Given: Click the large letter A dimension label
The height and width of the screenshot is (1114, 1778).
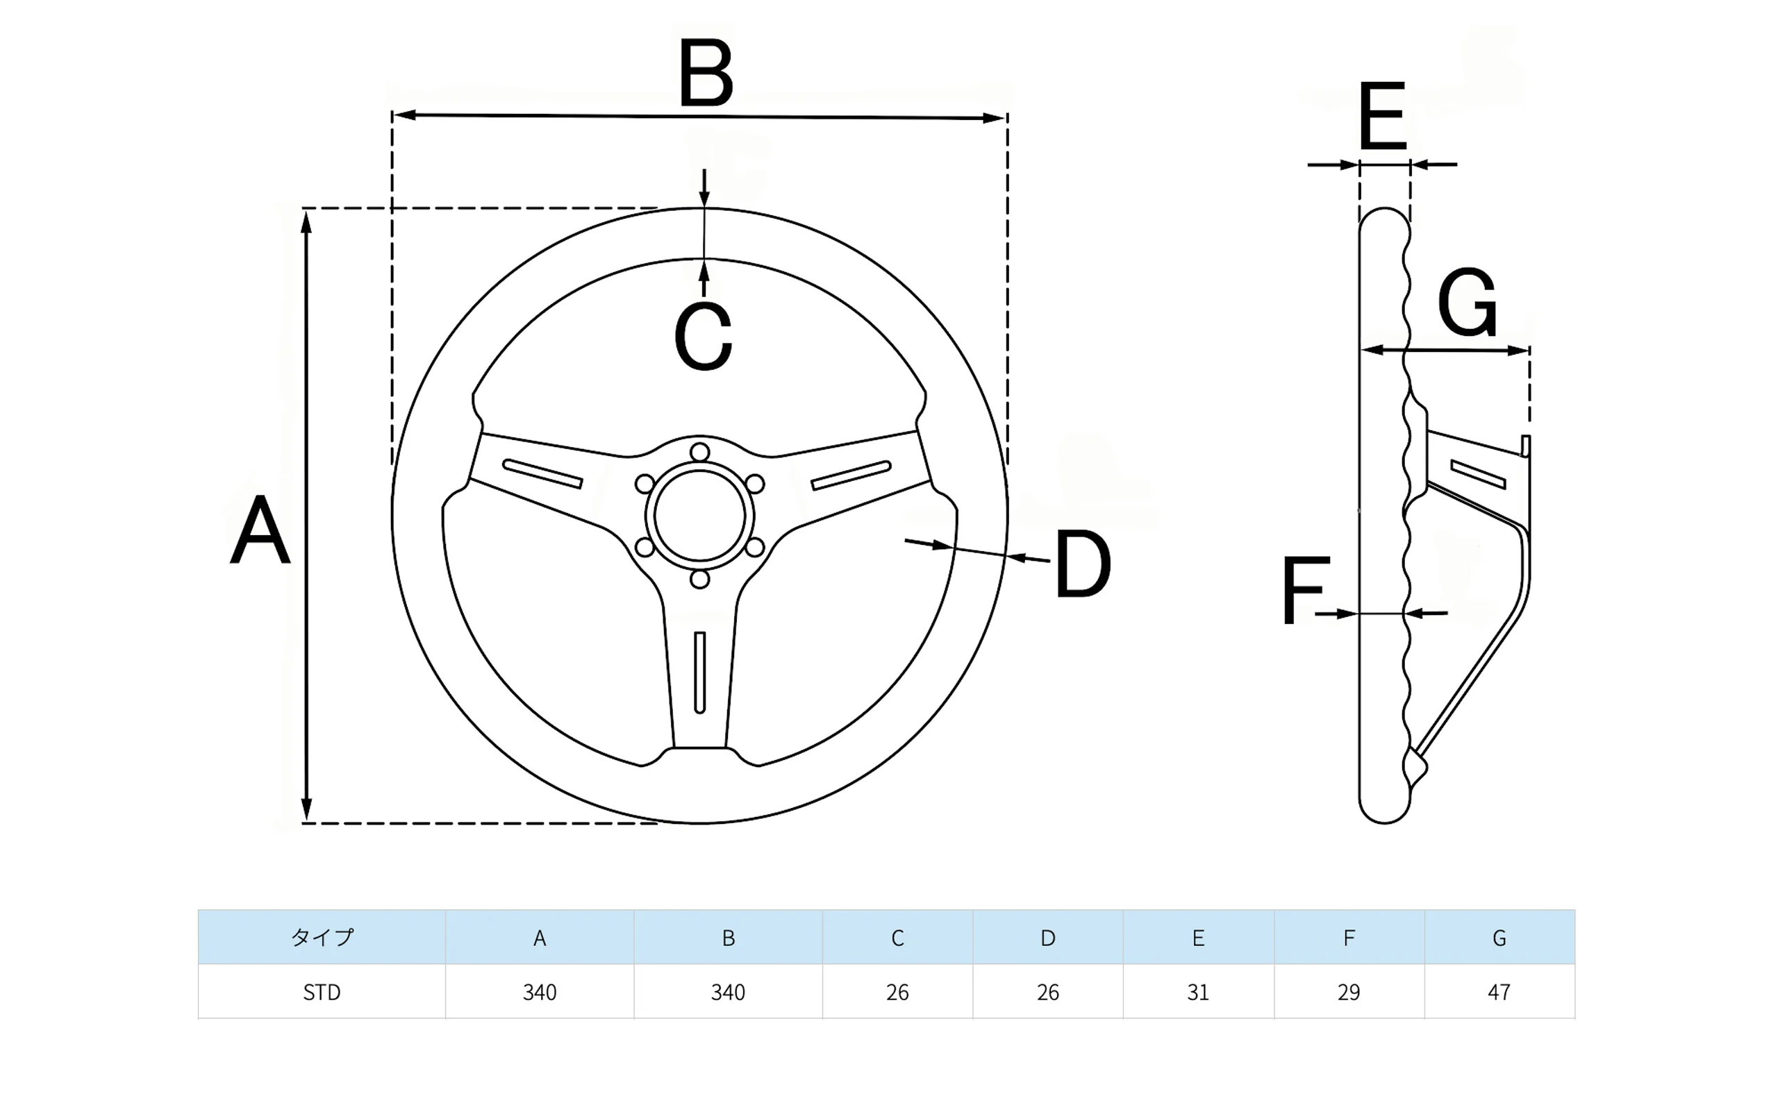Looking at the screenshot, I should pyautogui.click(x=260, y=530).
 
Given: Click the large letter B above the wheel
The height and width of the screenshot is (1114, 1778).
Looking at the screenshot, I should pyautogui.click(x=706, y=73).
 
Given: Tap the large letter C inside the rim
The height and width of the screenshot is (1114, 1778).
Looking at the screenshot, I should pyautogui.click(x=702, y=336).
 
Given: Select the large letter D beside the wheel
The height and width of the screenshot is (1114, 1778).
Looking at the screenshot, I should pyautogui.click(x=1081, y=564).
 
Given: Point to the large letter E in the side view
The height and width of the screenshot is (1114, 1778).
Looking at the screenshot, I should pyautogui.click(x=1382, y=117).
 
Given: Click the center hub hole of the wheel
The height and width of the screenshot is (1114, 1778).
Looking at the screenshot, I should pyautogui.click(x=699, y=515).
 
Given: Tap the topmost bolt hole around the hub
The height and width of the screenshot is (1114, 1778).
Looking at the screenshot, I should pyautogui.click(x=699, y=452).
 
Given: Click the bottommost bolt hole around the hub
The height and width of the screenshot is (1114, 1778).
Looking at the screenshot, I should pyautogui.click(x=699, y=579).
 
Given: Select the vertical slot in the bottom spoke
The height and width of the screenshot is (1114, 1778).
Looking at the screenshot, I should pyautogui.click(x=699, y=672).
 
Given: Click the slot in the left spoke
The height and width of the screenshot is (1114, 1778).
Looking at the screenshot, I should pyautogui.click(x=542, y=474).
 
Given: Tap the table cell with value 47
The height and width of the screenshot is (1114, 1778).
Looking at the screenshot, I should pyautogui.click(x=1499, y=993).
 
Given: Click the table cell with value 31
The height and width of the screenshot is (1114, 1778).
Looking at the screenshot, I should pyautogui.click(x=1198, y=993).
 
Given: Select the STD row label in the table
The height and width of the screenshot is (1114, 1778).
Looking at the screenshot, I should pyautogui.click(x=322, y=993).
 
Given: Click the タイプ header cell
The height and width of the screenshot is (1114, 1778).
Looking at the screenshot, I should pyautogui.click(x=322, y=937).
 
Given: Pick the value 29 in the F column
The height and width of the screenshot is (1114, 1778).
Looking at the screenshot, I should pyautogui.click(x=1348, y=993).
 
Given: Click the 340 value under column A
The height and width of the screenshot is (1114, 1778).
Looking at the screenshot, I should pyautogui.click(x=539, y=993).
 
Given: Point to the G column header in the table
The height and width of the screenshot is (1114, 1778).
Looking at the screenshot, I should pyautogui.click(x=1499, y=937).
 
